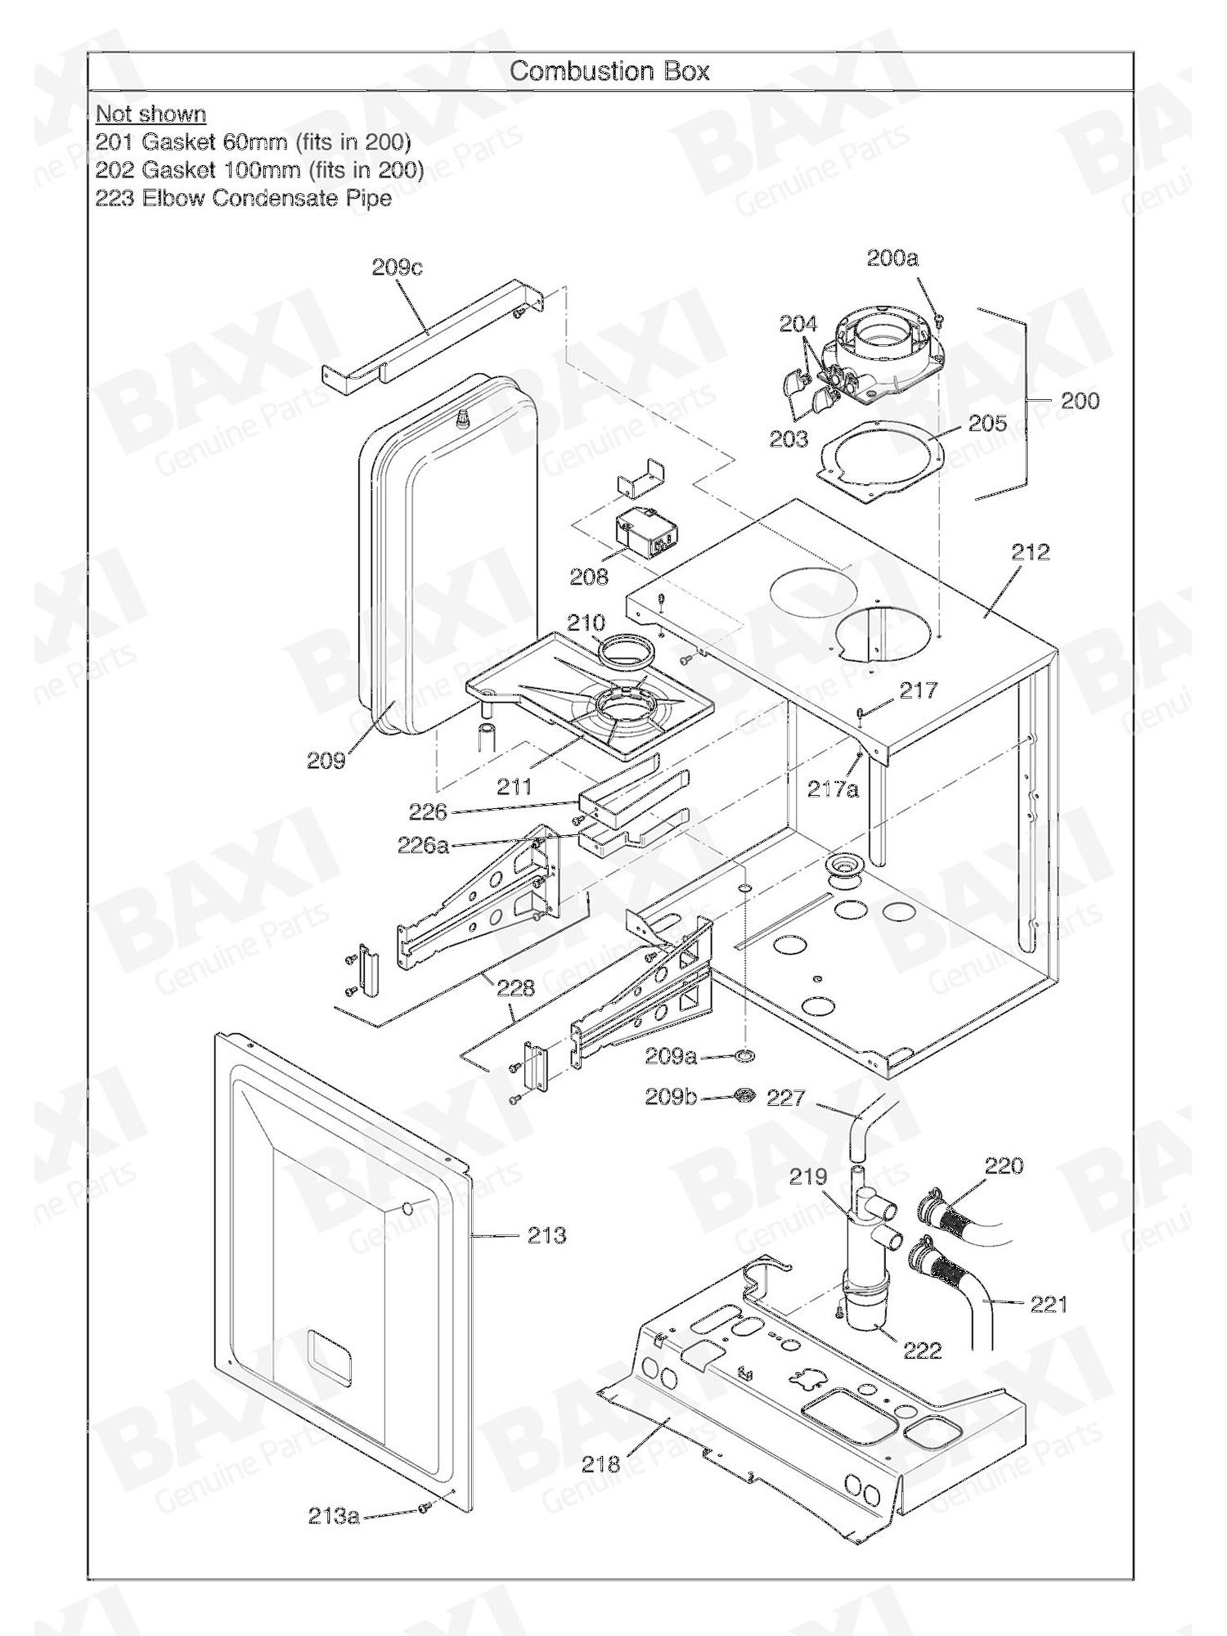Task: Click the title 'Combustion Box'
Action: click(609, 71)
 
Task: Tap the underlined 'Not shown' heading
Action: click(151, 114)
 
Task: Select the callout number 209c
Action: click(397, 267)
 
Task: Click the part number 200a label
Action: click(892, 258)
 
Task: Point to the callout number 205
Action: click(987, 423)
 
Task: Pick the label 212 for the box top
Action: click(1030, 552)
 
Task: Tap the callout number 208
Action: click(589, 577)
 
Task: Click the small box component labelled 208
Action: click(645, 529)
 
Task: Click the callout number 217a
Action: click(833, 789)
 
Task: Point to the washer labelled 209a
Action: click(746, 1058)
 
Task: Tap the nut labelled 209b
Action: click(745, 1095)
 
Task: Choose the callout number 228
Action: click(515, 987)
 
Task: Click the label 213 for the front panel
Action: click(546, 1235)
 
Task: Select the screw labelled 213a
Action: click(424, 1508)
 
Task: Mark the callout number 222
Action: click(922, 1351)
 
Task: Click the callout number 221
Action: click(1049, 1304)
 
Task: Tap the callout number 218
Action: click(601, 1464)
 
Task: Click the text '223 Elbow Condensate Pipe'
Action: click(244, 198)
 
